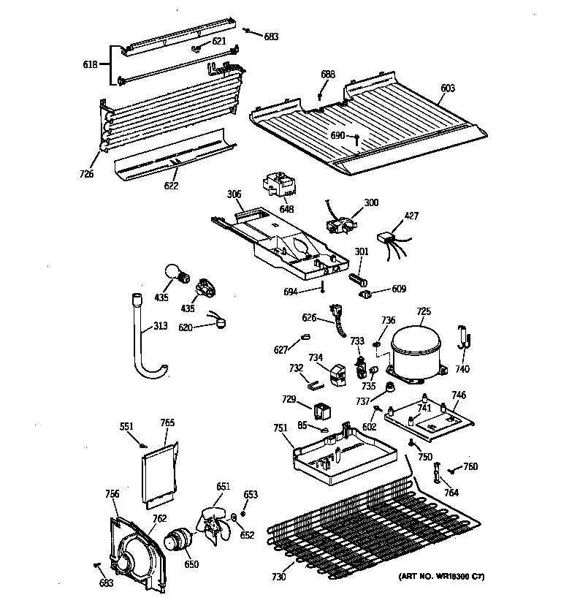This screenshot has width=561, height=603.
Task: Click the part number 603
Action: pyautogui.click(x=447, y=88)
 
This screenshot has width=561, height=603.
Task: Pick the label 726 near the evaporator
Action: pyautogui.click(x=88, y=174)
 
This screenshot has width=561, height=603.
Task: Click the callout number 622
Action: pyautogui.click(x=170, y=187)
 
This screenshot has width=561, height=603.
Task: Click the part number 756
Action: pyautogui.click(x=112, y=495)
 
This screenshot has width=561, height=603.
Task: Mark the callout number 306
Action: pyautogui.click(x=234, y=194)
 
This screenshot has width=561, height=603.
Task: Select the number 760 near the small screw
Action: pyautogui.click(x=470, y=466)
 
